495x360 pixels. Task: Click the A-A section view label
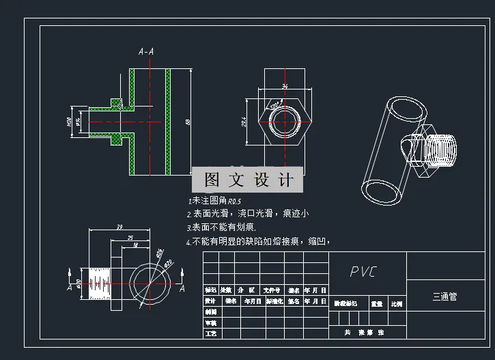(x=145, y=51)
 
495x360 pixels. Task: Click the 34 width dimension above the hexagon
(x=285, y=87)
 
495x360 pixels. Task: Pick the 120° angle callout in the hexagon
(x=274, y=107)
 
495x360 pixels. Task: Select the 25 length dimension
(x=130, y=236)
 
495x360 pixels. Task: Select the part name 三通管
(x=444, y=297)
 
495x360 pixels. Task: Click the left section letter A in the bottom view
(x=69, y=288)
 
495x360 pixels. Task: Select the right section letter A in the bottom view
(x=182, y=288)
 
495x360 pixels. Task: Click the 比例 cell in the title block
(x=397, y=303)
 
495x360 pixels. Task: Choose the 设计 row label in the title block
(x=210, y=301)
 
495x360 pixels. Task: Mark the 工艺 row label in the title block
(x=210, y=333)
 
